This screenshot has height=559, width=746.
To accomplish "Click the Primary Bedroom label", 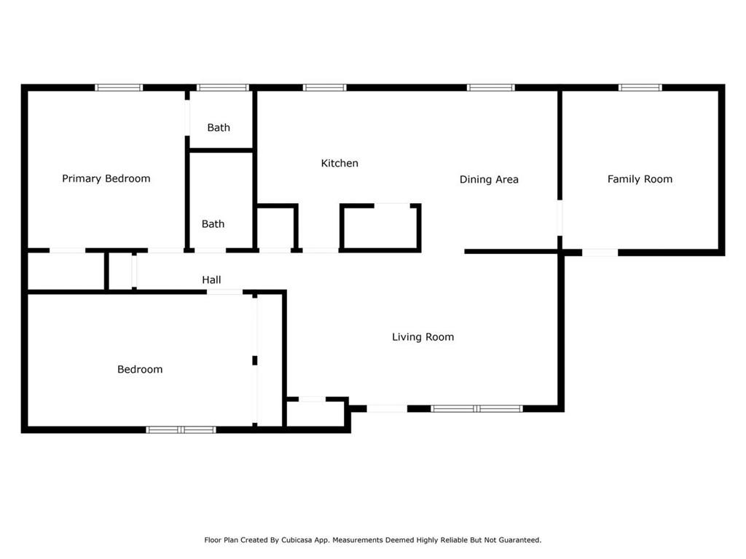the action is click(106, 179).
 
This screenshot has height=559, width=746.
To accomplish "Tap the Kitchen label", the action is click(339, 163).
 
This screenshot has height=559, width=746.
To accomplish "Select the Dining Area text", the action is click(489, 179).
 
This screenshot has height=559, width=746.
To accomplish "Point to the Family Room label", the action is click(640, 179).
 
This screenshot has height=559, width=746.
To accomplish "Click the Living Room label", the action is click(423, 337).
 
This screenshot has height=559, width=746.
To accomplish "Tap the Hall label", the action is click(211, 279).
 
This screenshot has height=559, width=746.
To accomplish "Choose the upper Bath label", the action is click(219, 127).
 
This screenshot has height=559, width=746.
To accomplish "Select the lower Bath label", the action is click(213, 224).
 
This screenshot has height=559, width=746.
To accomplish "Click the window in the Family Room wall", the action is click(640, 87).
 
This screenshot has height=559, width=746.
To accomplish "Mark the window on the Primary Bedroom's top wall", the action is click(119, 87).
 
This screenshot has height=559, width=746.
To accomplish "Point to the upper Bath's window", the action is click(223, 87).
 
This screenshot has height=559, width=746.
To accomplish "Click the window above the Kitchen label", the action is click(324, 87).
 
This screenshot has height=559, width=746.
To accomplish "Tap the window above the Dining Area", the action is click(490, 87).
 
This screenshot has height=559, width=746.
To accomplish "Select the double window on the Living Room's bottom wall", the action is click(476, 408).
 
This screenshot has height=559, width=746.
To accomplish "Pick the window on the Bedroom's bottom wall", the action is click(181, 429).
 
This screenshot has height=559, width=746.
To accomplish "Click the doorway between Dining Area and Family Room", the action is click(559, 218).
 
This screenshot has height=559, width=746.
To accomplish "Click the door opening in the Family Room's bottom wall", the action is click(600, 253).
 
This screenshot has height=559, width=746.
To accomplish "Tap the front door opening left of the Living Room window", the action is click(387, 408).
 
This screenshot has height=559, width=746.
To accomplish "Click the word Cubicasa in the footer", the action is click(298, 540).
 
